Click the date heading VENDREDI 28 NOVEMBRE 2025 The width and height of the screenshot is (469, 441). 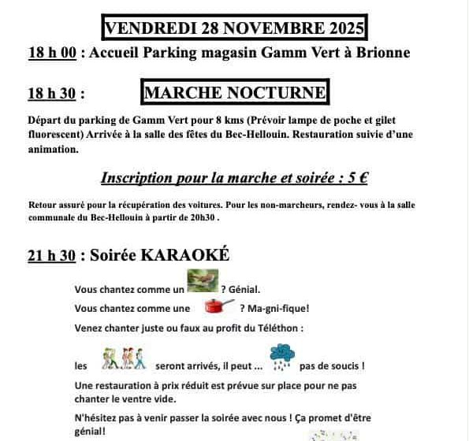point(234,29)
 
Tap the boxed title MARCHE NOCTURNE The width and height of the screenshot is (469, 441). point(234,93)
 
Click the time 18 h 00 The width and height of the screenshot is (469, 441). point(52,53)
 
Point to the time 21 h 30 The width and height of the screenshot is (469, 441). point(52,254)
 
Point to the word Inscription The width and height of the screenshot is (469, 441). point(140,178)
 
